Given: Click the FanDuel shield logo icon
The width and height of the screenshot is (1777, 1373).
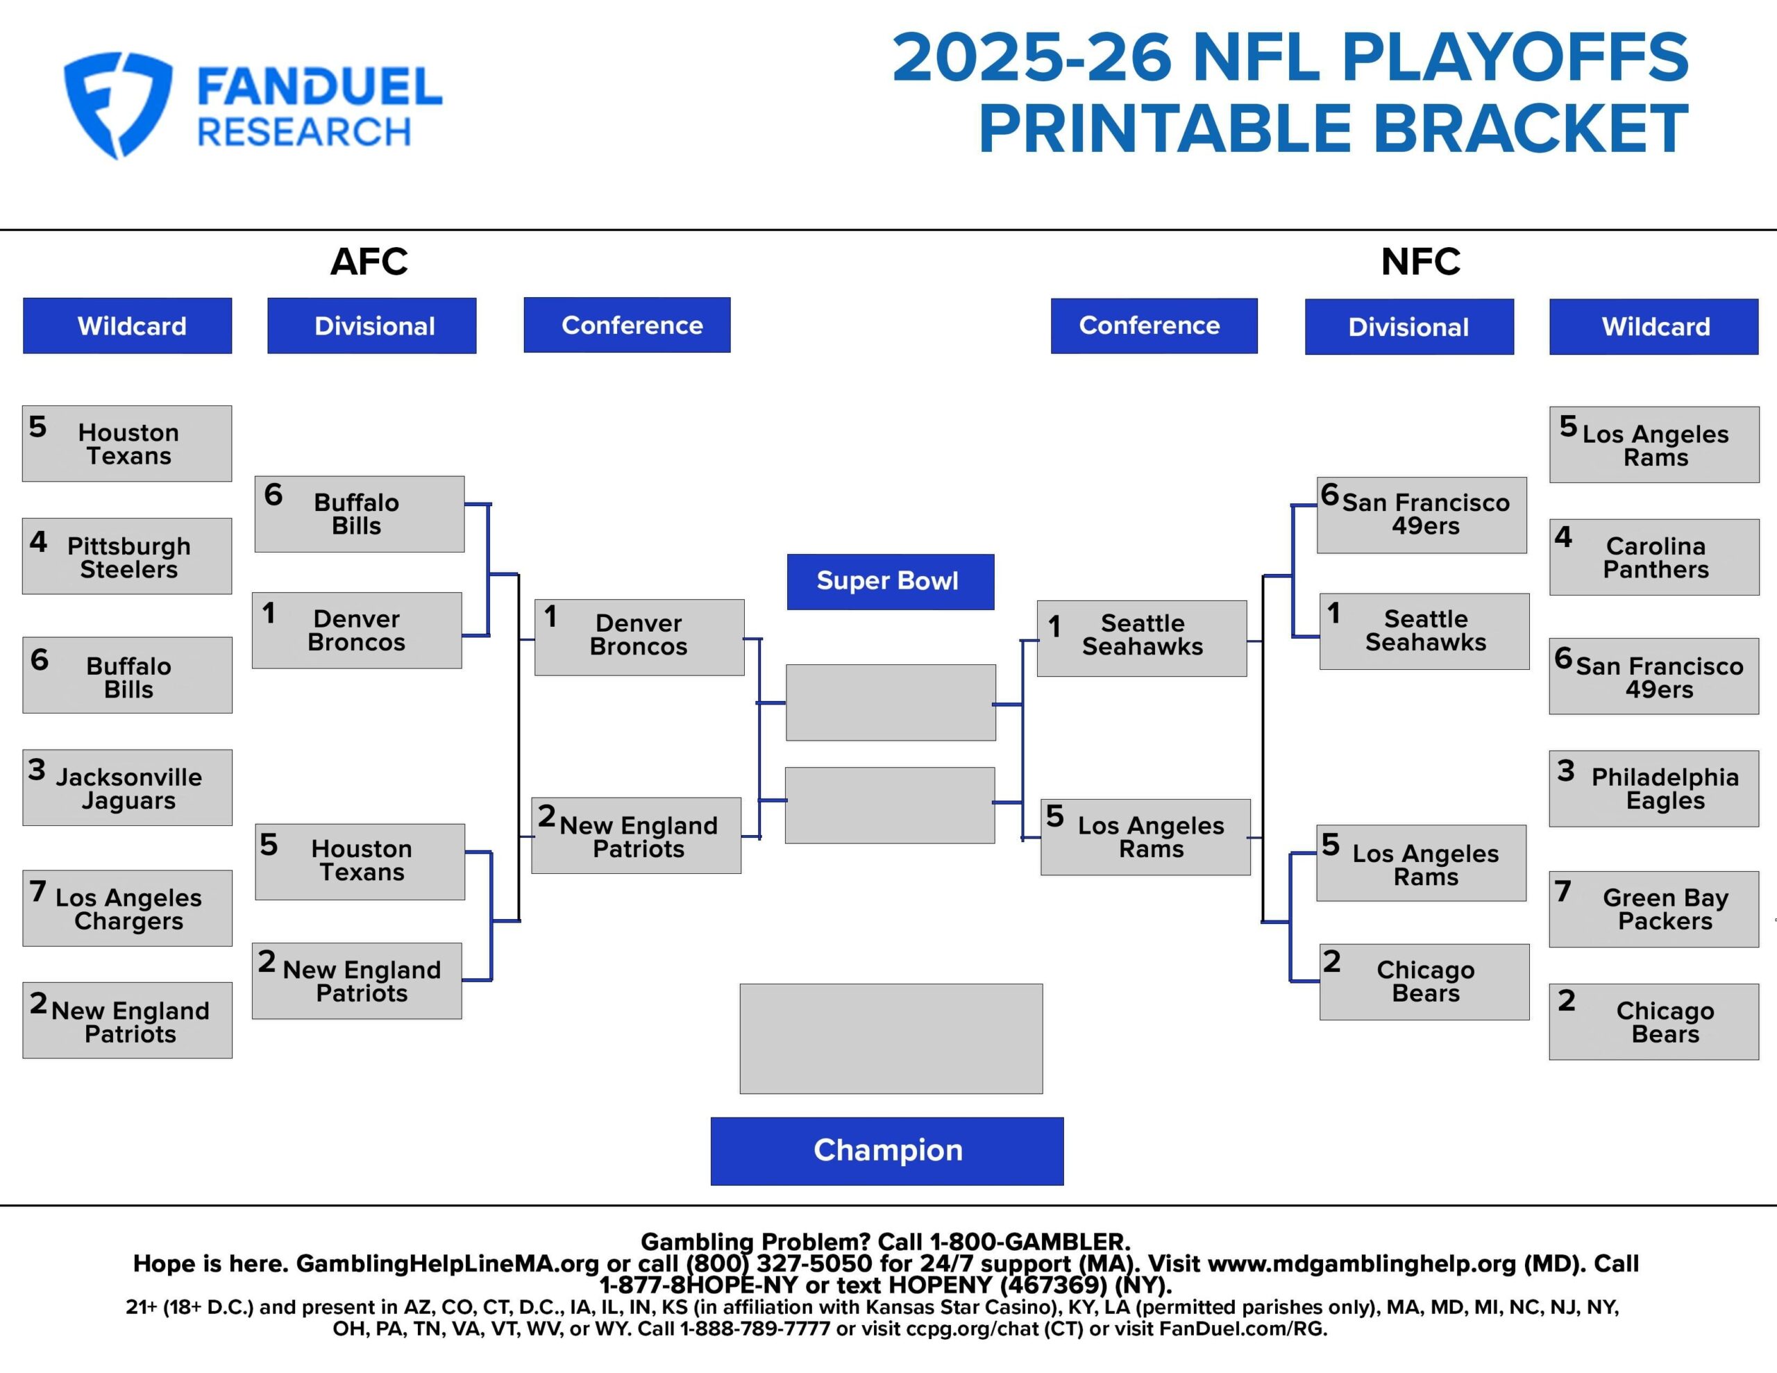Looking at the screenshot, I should [118, 104].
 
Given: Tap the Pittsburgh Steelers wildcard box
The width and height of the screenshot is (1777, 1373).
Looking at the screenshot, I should [127, 556].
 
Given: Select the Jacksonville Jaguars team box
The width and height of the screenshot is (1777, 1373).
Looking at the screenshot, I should [127, 787].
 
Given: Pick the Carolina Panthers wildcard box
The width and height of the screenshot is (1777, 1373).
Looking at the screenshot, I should [1654, 557].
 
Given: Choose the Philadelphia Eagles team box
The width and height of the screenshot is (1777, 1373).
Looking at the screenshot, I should [1654, 788].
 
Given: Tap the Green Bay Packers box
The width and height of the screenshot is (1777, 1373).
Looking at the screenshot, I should [1654, 909].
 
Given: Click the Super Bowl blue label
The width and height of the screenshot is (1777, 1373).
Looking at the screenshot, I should [890, 581].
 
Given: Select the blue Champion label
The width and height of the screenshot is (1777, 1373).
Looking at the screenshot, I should [887, 1150].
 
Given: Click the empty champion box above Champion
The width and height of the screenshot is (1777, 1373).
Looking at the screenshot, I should [891, 1038].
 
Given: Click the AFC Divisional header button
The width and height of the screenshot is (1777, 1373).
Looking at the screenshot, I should [372, 326].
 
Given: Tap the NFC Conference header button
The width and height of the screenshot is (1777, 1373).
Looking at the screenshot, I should [1154, 326].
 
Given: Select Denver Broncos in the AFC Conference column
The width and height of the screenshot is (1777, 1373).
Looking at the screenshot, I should [639, 637].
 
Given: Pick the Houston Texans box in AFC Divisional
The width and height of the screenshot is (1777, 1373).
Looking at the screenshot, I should [360, 861].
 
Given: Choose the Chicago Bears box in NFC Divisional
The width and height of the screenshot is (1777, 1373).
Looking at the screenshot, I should [1424, 982].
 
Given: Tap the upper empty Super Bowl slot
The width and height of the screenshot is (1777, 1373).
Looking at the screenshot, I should [890, 702].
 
